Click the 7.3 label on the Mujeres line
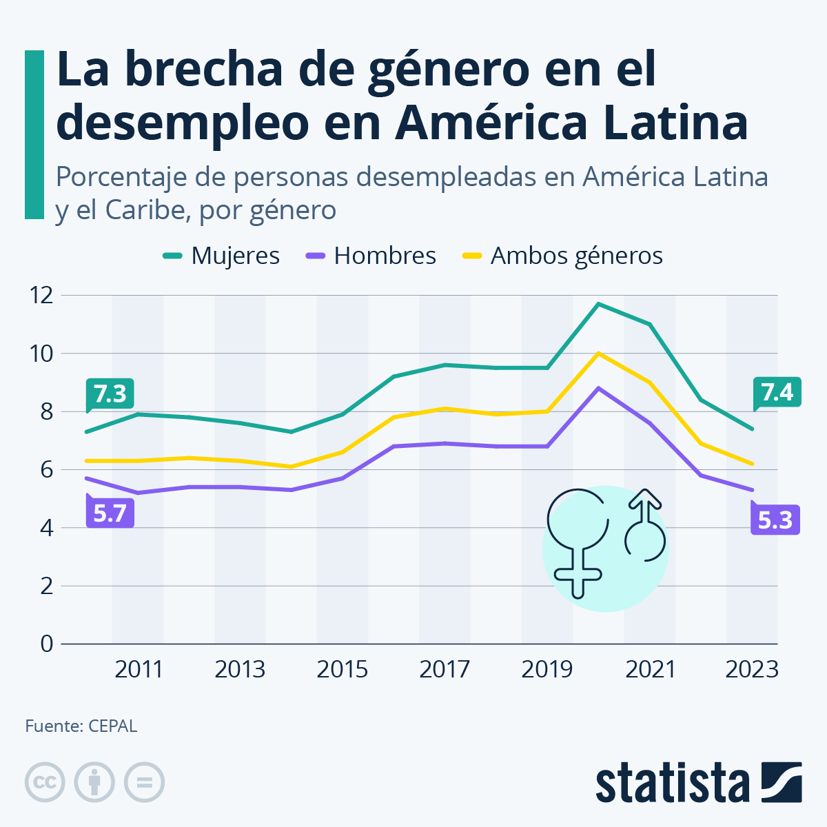coord(110,394)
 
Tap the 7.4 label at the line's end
coord(777,392)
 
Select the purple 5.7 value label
coord(110,513)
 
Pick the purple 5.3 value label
coord(775,519)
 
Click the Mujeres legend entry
coord(221,256)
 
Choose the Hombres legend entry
coord(371,256)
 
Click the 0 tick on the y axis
coord(47,644)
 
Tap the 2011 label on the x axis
coord(139,669)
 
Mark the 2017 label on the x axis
coord(445,669)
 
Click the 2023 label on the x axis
coord(752,669)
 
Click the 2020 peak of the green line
coord(598,304)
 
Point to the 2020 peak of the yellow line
coord(598,354)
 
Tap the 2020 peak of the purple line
coord(598,388)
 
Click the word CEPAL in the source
coord(112,726)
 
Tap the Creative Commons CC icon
coord(45,782)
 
